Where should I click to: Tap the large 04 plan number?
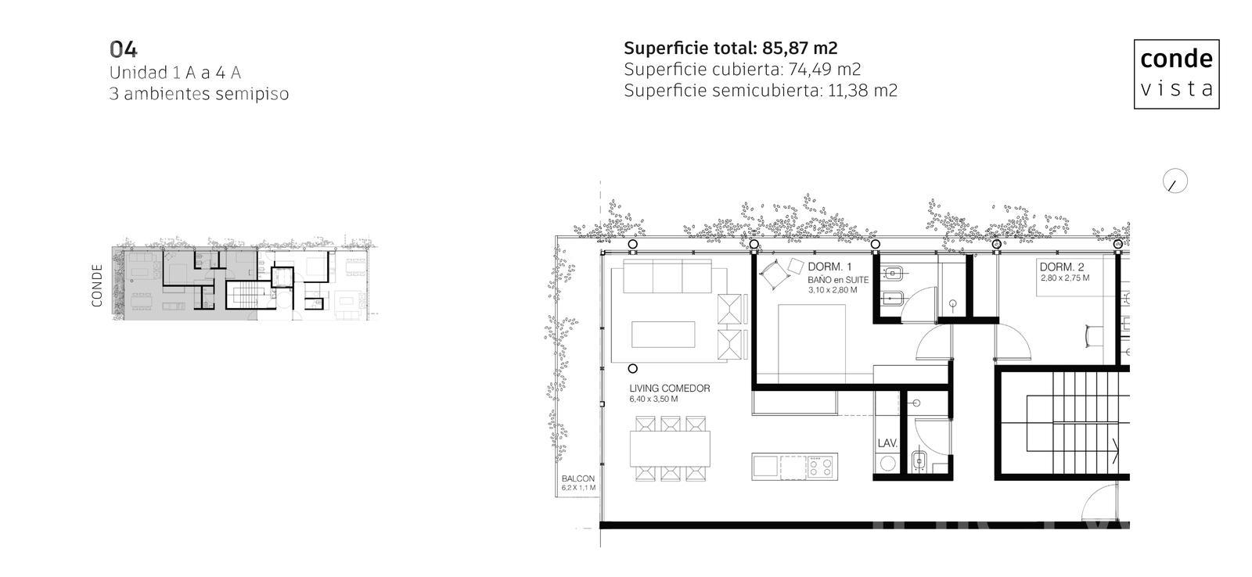[123, 50]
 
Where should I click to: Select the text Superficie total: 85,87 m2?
[731, 48]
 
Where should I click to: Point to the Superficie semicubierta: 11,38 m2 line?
[760, 91]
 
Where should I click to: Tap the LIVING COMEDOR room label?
[670, 389]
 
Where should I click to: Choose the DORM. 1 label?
[829, 267]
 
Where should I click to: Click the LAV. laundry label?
[887, 443]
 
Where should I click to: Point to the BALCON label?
[578, 478]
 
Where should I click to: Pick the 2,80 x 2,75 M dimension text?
[1065, 278]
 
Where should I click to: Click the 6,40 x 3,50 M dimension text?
[653, 399]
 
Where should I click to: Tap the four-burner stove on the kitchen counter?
[821, 467]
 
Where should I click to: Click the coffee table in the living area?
[664, 335]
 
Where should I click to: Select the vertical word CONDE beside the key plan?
[97, 285]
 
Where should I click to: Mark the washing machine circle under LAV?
[887, 463]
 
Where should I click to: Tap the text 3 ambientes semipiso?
[199, 94]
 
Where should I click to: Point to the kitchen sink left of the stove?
[765, 467]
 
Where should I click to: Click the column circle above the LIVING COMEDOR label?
[633, 369]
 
